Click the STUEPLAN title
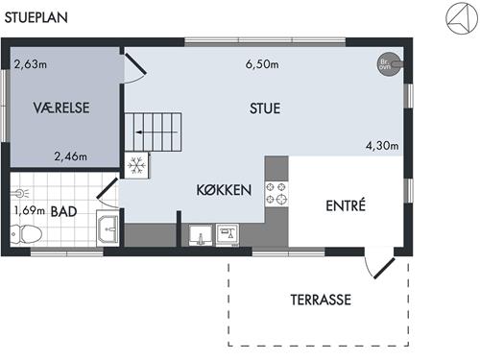(36, 17)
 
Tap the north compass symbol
(462, 18)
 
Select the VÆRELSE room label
(61, 108)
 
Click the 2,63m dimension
(31, 64)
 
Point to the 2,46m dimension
(70, 156)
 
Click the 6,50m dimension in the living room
(262, 64)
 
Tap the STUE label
(265, 108)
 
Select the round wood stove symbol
(389, 64)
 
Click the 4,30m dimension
(382, 146)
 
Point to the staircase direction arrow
(156, 132)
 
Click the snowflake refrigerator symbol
(136, 165)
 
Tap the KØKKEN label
(224, 190)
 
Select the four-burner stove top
(276, 193)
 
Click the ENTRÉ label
(346, 204)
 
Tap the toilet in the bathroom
(26, 234)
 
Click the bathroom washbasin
(108, 228)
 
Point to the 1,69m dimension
(30, 211)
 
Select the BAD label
(63, 211)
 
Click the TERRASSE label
(321, 300)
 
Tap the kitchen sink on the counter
(201, 235)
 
